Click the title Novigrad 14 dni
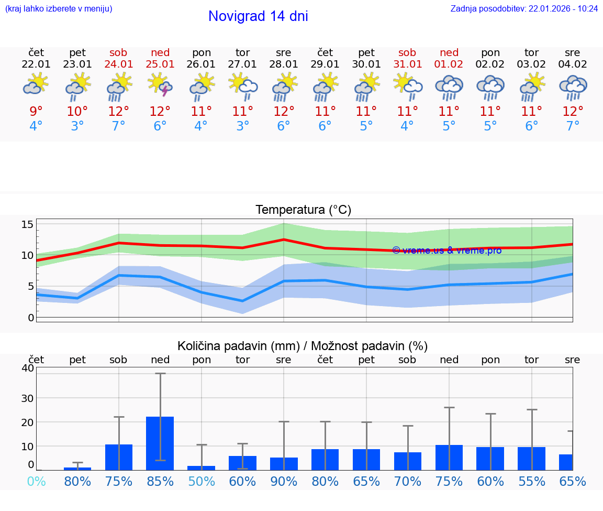(x=258, y=16)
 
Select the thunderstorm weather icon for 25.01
(x=160, y=85)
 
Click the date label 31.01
(x=407, y=64)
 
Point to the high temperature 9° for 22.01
(x=36, y=111)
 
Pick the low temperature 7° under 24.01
(x=119, y=126)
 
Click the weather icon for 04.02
(x=573, y=87)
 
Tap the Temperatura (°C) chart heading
(x=303, y=210)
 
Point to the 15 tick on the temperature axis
(x=27, y=224)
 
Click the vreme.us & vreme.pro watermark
(x=446, y=251)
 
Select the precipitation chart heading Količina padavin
(x=303, y=346)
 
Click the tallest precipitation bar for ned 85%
(x=160, y=443)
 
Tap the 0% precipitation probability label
(x=36, y=481)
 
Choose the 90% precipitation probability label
(x=284, y=481)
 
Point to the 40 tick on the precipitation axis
(x=27, y=368)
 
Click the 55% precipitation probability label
(x=531, y=481)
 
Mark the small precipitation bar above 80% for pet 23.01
(x=77, y=468)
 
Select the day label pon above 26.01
(x=202, y=53)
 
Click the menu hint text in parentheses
(x=58, y=9)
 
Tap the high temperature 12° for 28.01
(x=284, y=111)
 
